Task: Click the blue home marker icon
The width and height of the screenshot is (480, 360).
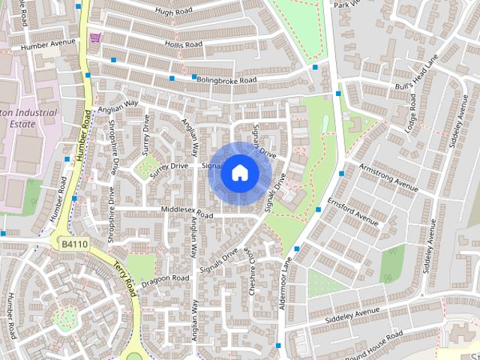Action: click(239, 173)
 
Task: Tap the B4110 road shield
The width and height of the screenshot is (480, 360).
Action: click(75, 244)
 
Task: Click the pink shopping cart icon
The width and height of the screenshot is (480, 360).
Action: click(95, 37)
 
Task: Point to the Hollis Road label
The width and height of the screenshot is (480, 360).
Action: click(184, 45)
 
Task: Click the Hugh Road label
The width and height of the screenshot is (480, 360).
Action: click(173, 11)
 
